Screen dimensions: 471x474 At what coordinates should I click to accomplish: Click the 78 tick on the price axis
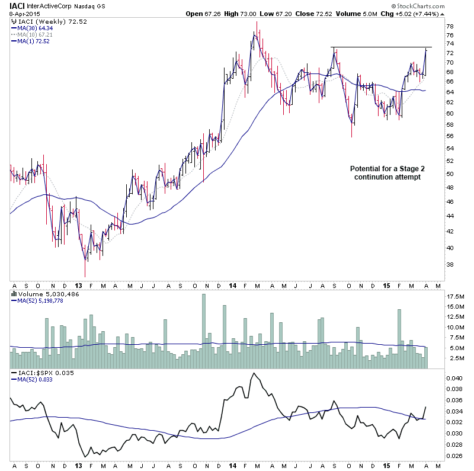coord(450,26)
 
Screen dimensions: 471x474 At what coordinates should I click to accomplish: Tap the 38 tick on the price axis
coord(450,265)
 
